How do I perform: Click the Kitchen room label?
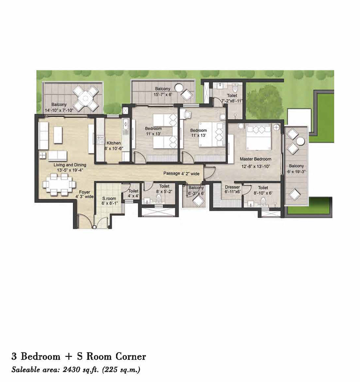[x=113, y=143]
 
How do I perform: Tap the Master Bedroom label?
[x=255, y=159]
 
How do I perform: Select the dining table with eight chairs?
[x=57, y=184]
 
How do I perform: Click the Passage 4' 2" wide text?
[x=181, y=173]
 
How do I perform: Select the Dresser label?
[x=232, y=187]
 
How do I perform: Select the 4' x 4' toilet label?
[x=133, y=196]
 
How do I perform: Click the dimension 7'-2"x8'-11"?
[x=232, y=101]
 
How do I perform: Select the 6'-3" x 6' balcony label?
[x=196, y=193]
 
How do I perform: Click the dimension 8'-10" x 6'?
[x=263, y=193]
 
